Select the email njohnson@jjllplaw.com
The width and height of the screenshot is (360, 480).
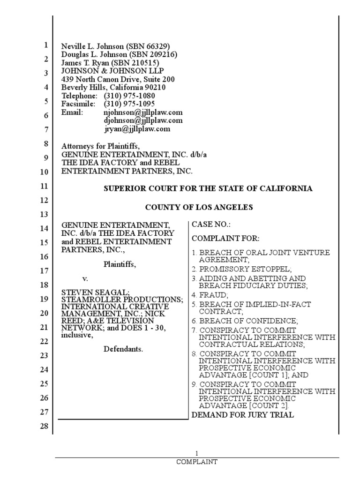point(143,112)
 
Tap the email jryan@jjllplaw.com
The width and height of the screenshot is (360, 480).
point(137,128)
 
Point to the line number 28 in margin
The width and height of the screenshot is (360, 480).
point(45,426)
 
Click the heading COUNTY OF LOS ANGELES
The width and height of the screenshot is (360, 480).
point(199,207)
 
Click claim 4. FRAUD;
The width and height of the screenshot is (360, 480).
point(210,295)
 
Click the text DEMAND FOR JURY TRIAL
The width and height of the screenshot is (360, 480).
point(243,415)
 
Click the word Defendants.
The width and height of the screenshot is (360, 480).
point(123,349)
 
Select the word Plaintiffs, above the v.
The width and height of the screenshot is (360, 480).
point(120,264)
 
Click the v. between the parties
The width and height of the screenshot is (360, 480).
point(85,278)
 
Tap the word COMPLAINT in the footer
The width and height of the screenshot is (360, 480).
point(197,462)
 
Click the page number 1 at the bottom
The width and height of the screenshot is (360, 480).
point(197,453)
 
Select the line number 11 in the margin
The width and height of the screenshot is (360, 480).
point(45,186)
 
